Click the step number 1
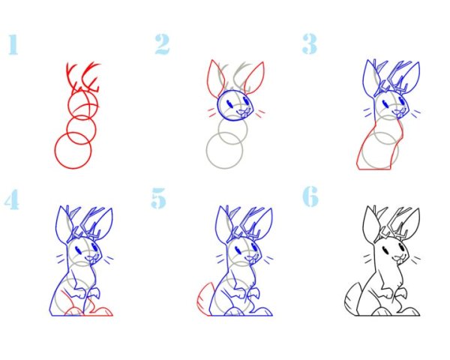tap(13, 44)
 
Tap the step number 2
tap(162, 44)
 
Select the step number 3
tap(309, 44)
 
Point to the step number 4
tap(12, 199)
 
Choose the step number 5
tap(159, 198)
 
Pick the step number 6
tap(310, 196)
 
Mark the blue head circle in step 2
tap(219, 106)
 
